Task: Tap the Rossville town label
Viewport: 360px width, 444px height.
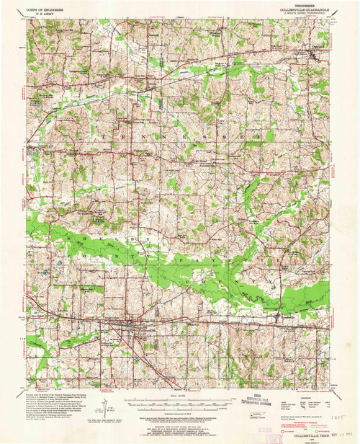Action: [x=277, y=334]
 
